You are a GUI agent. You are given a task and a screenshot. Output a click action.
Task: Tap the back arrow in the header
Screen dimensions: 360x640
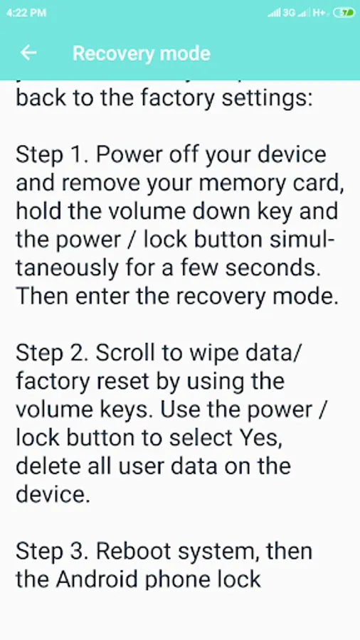28,53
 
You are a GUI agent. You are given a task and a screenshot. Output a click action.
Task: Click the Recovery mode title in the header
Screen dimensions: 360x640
141,53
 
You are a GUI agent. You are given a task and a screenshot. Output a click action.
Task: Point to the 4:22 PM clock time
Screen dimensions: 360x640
26,13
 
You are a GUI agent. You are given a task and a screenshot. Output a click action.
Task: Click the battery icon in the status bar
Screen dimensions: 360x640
344,13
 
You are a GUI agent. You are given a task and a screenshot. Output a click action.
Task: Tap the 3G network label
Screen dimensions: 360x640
289,13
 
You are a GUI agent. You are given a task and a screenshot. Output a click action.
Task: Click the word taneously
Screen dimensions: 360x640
68,270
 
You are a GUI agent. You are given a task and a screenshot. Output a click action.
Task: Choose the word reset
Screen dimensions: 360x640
122,382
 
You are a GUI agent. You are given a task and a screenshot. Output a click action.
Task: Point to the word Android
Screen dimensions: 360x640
98,579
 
